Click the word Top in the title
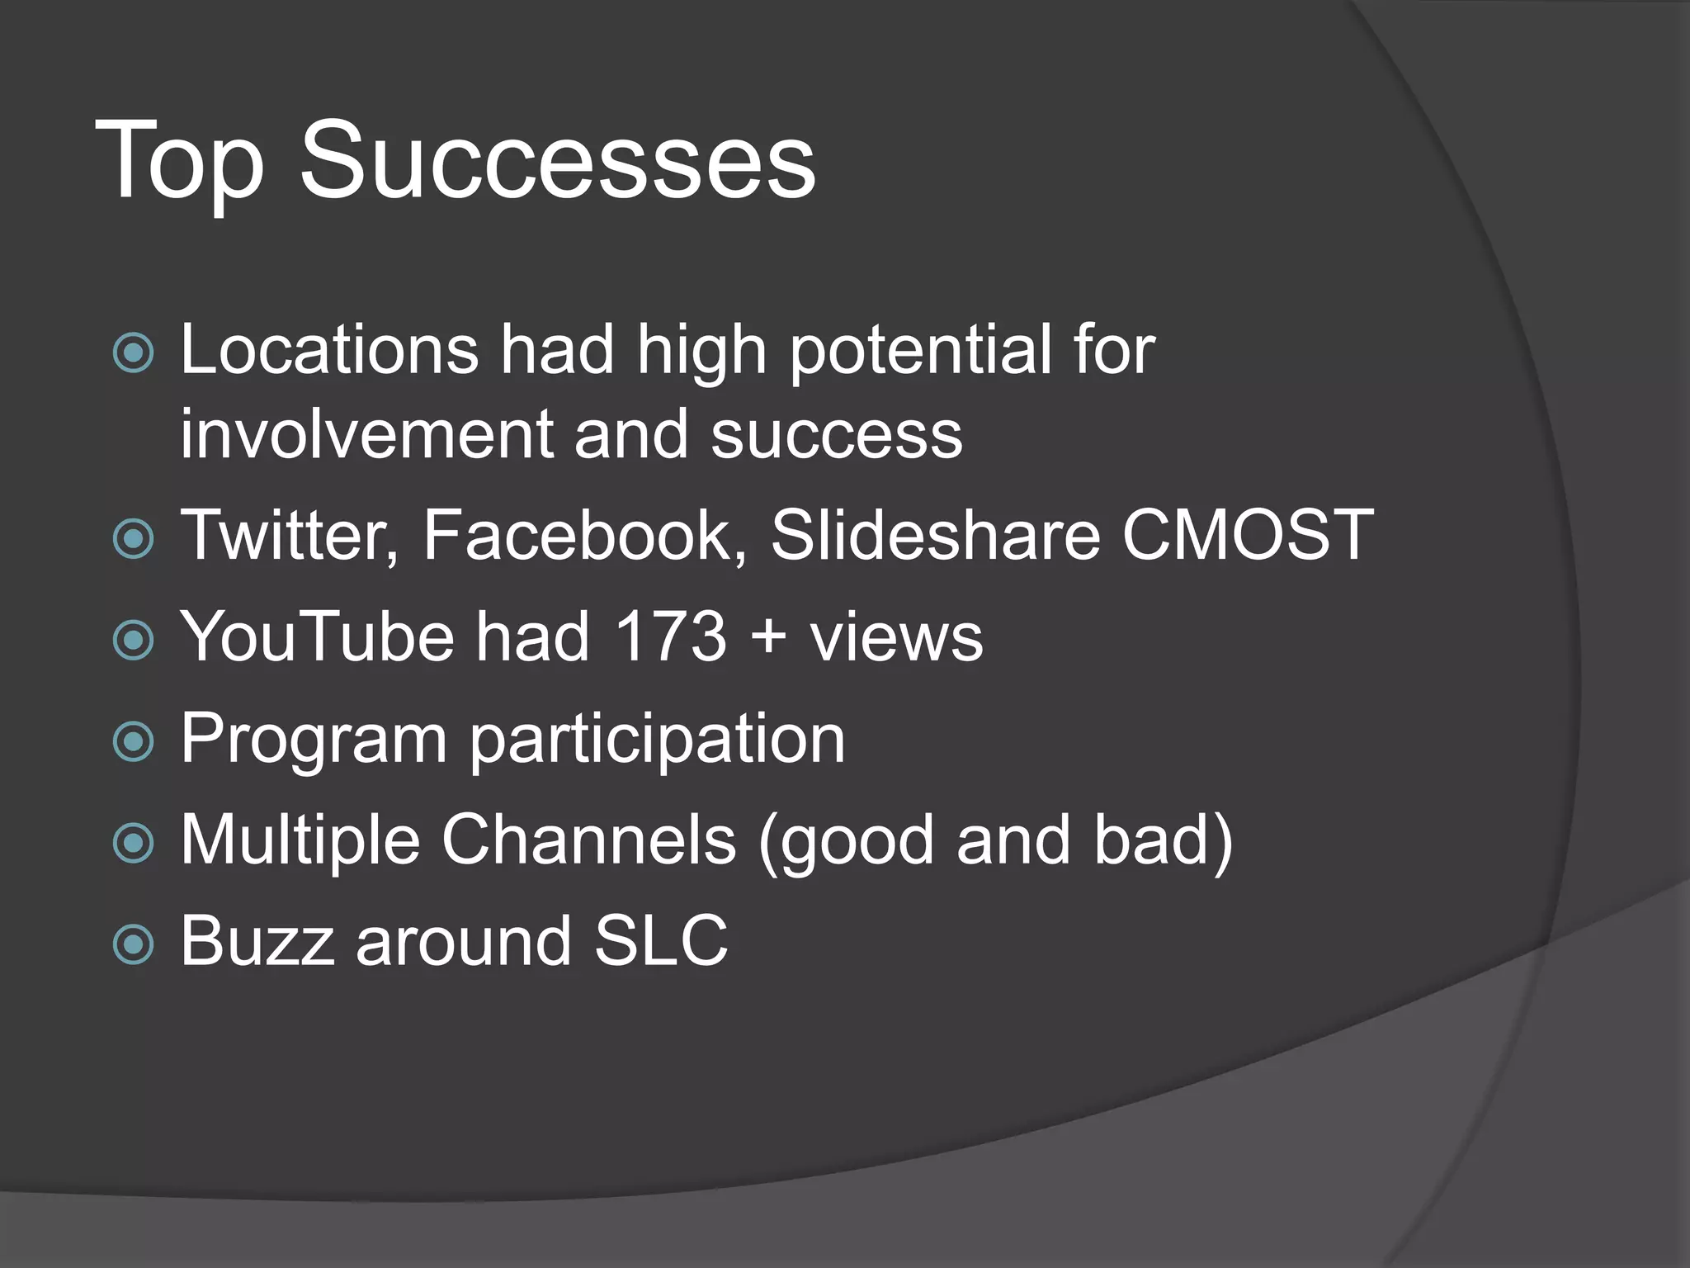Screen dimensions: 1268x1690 (179, 161)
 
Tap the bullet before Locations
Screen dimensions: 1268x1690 (134, 353)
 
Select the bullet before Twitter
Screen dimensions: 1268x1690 (134, 539)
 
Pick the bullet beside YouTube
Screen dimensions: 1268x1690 (134, 641)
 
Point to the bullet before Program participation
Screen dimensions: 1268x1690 (134, 741)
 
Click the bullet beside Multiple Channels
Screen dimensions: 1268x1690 (134, 843)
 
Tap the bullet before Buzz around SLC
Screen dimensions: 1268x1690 (134, 944)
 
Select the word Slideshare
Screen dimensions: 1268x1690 (935, 536)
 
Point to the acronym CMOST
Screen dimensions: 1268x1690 (1247, 536)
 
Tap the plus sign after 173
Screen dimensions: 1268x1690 (768, 638)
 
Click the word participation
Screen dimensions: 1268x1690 (657, 740)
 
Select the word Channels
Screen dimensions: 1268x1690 (588, 840)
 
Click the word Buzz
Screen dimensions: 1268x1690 (257, 941)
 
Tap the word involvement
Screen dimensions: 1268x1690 (366, 435)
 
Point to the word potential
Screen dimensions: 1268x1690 (920, 352)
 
